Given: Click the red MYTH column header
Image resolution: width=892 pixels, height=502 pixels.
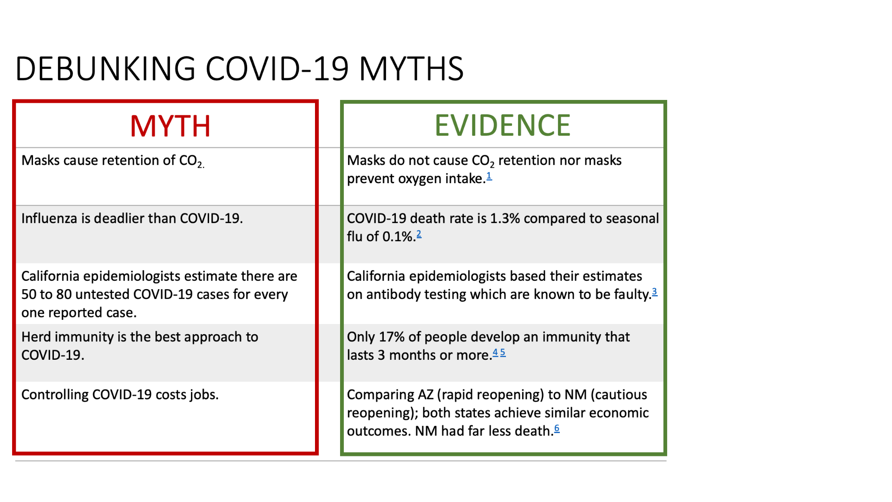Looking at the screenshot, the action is tap(170, 126).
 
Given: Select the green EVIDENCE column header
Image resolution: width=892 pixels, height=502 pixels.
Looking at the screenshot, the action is tap(503, 125).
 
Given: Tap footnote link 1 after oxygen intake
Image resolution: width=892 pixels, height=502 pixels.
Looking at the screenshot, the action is tap(489, 176).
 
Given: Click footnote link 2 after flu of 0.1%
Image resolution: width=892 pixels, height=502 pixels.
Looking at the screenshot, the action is tap(419, 234).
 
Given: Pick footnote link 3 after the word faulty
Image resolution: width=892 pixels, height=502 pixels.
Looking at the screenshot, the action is tap(655, 292).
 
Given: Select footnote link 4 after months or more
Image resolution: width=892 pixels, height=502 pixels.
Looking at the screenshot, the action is tap(495, 352).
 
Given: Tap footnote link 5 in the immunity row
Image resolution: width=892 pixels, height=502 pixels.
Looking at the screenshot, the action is tap(503, 352).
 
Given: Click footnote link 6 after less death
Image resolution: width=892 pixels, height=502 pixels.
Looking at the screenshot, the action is tap(557, 429).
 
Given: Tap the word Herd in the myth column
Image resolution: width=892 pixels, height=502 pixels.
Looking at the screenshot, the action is tap(38, 337).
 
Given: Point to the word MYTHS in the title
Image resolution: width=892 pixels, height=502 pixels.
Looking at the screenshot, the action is tap(412, 69).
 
